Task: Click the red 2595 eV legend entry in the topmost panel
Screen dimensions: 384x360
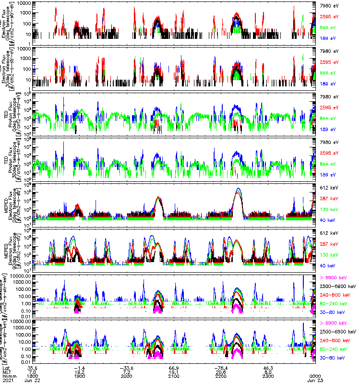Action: pos(329,17)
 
